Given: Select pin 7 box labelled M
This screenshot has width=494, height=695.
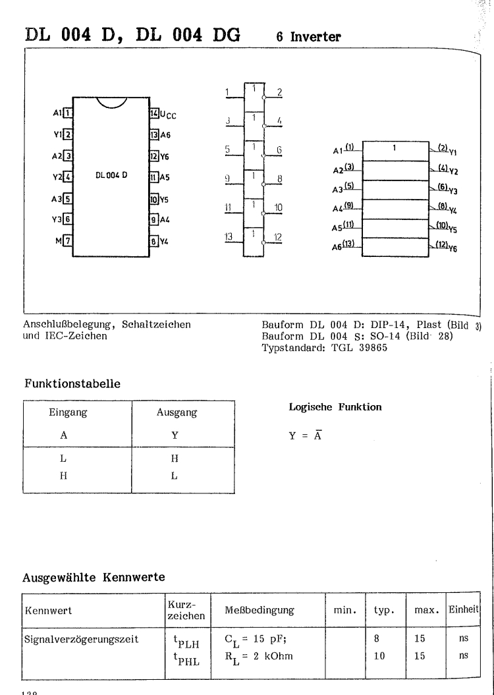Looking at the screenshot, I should [67, 241].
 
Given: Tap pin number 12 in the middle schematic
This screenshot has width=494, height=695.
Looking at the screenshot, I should [279, 237].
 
